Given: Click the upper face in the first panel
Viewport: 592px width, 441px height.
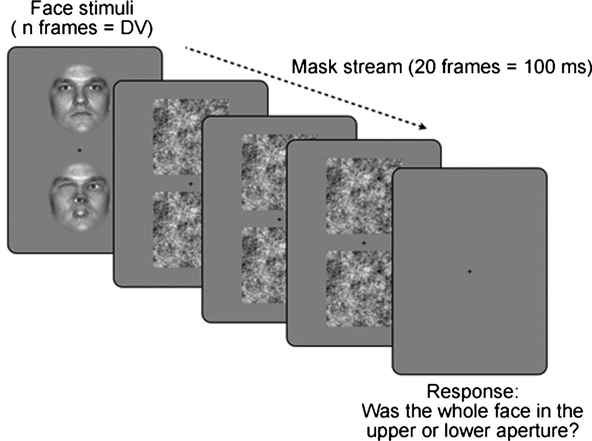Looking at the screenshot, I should click(80, 98).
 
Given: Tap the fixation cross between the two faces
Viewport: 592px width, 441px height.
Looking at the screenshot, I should click(80, 150).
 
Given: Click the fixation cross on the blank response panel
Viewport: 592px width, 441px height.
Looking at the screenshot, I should click(470, 272).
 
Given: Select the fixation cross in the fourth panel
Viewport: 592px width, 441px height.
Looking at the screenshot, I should click(364, 243).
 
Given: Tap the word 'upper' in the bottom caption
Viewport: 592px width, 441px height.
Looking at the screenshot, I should click(392, 430).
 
